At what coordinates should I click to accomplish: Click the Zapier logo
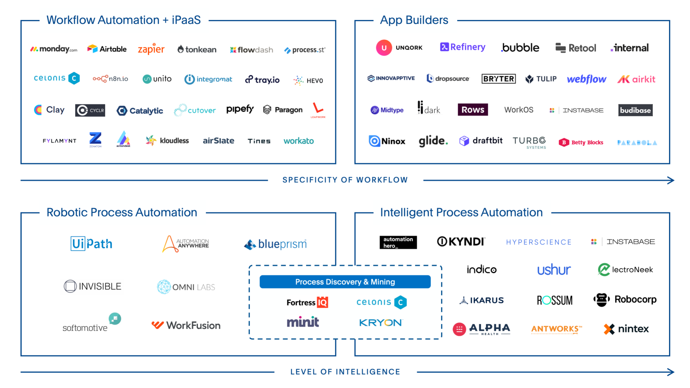[x=151, y=49]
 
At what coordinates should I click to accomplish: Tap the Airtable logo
[x=107, y=49]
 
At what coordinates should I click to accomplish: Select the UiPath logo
[x=91, y=244]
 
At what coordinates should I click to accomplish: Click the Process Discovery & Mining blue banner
[x=345, y=282]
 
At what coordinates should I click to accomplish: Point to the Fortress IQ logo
[x=307, y=302]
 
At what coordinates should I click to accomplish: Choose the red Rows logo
[x=473, y=110]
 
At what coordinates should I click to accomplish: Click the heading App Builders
[x=414, y=20]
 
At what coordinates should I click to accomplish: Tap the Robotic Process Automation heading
[x=122, y=213]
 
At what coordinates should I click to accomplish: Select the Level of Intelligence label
[x=345, y=372]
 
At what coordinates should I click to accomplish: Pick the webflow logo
[x=586, y=79]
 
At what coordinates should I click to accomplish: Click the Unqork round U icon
[x=384, y=47]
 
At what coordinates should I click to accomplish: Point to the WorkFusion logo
[x=186, y=325]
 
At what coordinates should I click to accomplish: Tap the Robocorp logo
[x=625, y=299]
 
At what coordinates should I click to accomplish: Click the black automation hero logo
[x=398, y=242]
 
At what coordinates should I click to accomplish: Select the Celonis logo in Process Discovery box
[x=381, y=302]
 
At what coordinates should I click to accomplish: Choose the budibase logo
[x=635, y=110]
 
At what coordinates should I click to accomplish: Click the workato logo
[x=299, y=141]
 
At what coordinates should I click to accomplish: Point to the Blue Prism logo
[x=275, y=244]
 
